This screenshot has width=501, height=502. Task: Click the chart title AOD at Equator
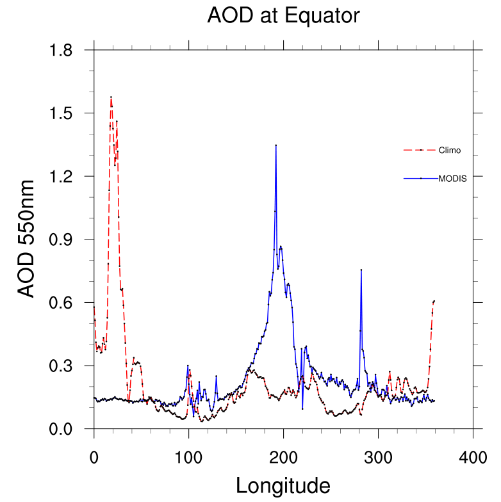coord(283,16)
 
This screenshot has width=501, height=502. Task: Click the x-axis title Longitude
coord(283,485)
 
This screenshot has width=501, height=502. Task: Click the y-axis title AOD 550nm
coord(26,239)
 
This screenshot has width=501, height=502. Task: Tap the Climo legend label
coord(449,150)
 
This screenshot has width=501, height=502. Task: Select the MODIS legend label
coord(452,179)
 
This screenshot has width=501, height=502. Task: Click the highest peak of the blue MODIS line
coord(276,145)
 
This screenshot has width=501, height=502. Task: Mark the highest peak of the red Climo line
coord(111,97)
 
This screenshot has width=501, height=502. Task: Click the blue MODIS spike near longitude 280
coord(361,270)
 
